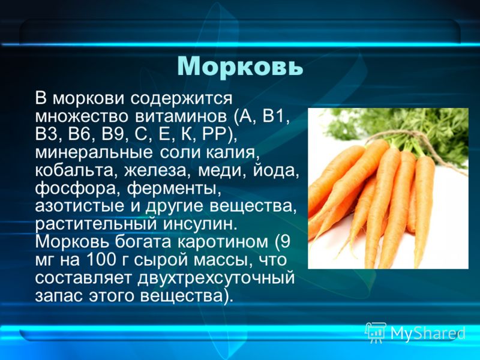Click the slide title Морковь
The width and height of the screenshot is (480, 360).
(x=240, y=66)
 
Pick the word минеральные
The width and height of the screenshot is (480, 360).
(x=94, y=153)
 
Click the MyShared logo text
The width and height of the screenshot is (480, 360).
(x=428, y=332)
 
